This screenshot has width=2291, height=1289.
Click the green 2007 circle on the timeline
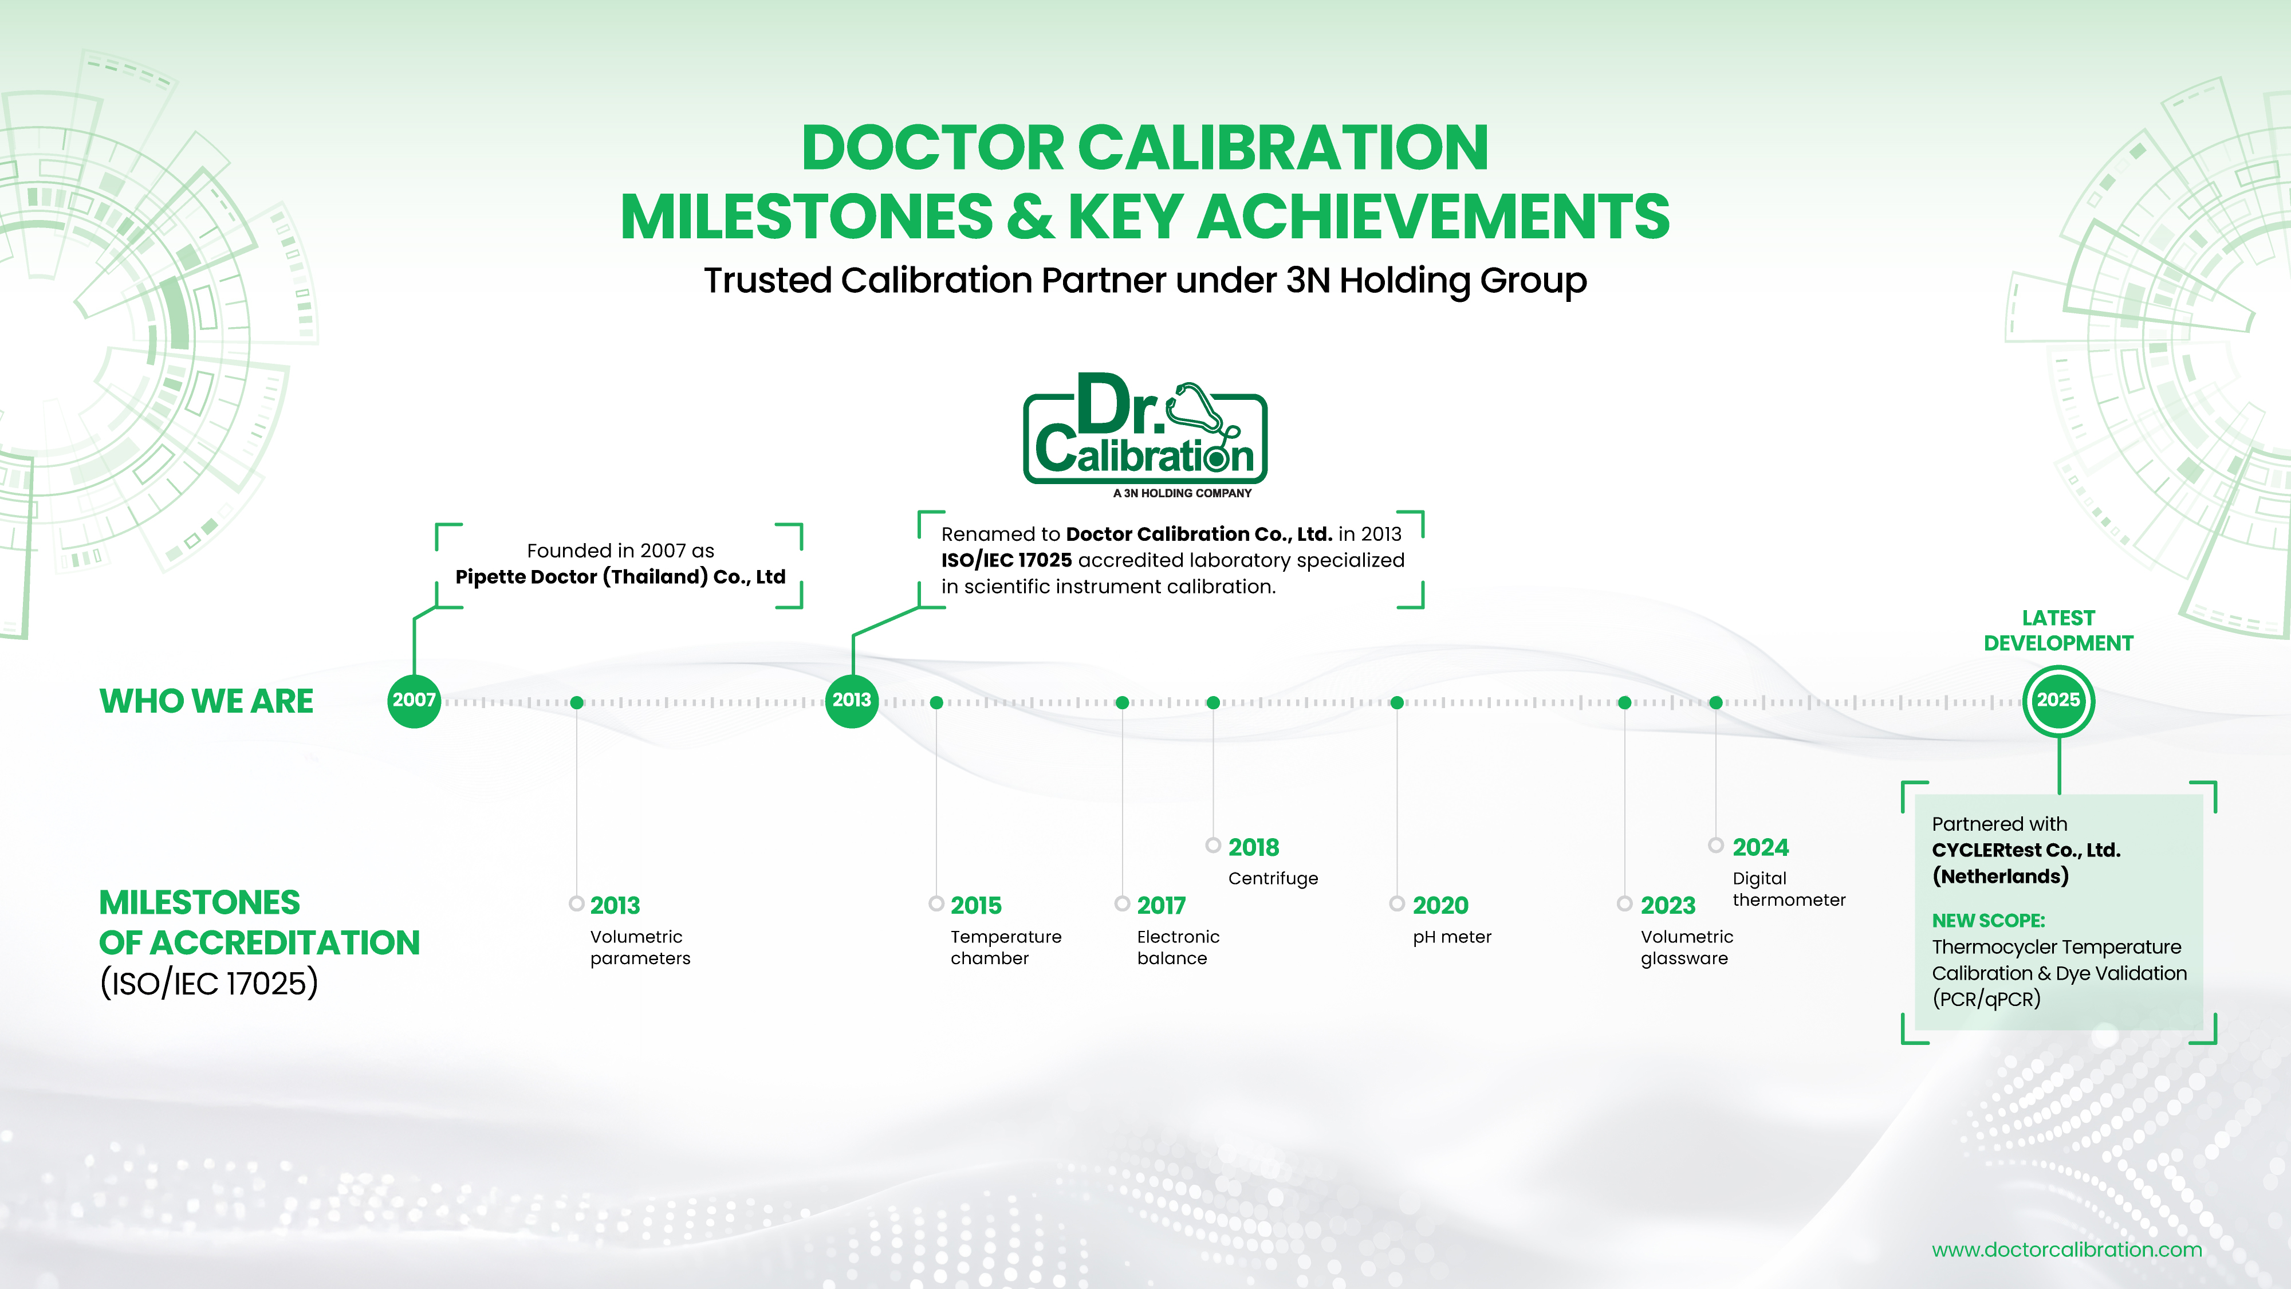(415, 700)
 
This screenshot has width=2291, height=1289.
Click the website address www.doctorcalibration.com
(2067, 1250)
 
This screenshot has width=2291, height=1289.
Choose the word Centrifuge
(1273, 879)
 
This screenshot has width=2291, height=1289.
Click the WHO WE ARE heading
(206, 701)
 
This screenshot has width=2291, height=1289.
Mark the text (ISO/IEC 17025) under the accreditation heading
(209, 983)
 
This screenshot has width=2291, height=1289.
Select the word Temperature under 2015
(1006, 937)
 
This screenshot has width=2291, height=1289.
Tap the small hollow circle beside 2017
(1123, 904)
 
